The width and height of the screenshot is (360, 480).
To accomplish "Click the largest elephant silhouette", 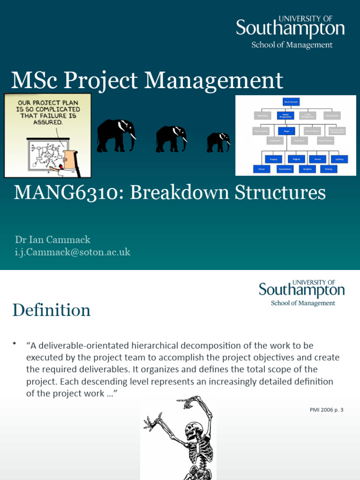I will [x=115, y=135].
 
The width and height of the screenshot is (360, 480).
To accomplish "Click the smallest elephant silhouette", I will [x=218, y=142].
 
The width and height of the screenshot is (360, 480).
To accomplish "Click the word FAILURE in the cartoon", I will [x=66, y=115].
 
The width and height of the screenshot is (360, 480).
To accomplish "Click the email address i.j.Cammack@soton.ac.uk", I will [x=73, y=252].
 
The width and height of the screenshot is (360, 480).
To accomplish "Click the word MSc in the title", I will [x=34, y=80].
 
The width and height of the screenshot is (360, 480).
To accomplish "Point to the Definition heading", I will [x=51, y=310].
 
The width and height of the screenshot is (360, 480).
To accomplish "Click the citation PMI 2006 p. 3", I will [x=326, y=410].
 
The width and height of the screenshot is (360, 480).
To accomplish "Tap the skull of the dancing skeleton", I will [x=194, y=430].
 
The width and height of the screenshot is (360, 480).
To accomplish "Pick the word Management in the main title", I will [x=214, y=80].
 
